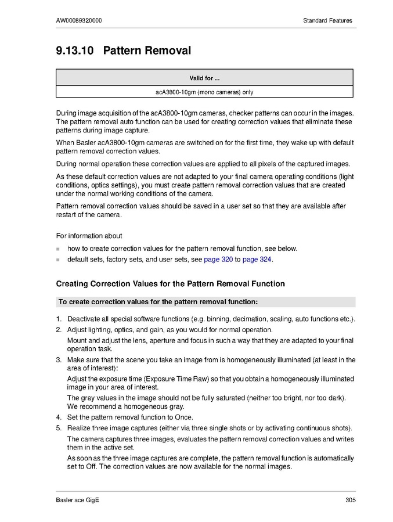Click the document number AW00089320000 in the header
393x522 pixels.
click(x=79, y=21)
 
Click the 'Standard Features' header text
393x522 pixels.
click(x=327, y=21)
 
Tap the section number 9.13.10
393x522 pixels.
click(x=75, y=51)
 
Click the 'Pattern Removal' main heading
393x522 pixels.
click(x=147, y=51)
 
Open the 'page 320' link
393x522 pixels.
click(x=218, y=260)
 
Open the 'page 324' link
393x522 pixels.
click(x=257, y=260)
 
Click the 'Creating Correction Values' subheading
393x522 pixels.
click(x=170, y=284)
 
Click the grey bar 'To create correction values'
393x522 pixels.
click(x=205, y=302)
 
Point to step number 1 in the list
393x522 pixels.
click(x=59, y=319)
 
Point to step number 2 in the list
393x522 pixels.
click(x=59, y=330)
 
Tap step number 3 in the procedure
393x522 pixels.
click(x=59, y=360)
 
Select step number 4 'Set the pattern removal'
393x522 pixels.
click(x=59, y=417)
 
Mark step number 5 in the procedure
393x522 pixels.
click(x=59, y=429)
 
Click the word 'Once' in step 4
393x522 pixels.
click(x=183, y=417)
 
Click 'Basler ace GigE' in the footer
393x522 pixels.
click(x=77, y=501)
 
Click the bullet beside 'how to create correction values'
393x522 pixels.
click(x=58, y=249)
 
